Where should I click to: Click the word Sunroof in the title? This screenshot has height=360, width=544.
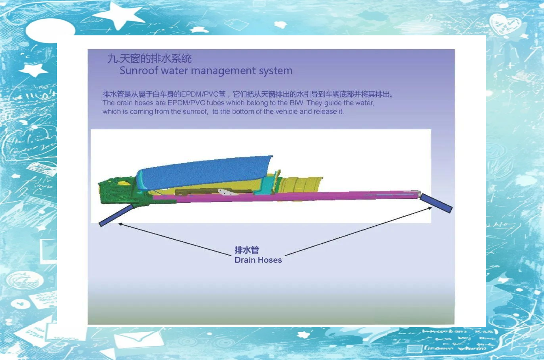[139, 71]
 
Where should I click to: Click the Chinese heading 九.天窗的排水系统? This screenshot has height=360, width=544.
[149, 58]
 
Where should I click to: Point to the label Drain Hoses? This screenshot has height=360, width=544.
[258, 260]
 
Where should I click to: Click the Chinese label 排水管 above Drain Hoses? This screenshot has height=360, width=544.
[247, 250]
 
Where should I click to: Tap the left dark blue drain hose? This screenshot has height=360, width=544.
[116, 215]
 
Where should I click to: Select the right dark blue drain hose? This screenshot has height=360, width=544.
[436, 203]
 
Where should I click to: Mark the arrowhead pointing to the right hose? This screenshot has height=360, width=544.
[430, 208]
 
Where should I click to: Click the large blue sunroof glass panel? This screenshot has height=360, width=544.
[204, 172]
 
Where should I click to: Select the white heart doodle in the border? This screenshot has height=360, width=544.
[505, 24]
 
